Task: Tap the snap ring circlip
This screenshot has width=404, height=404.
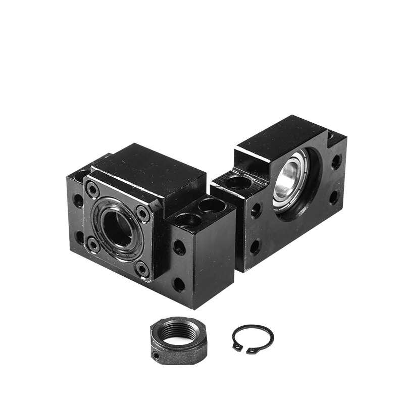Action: coord(252,338)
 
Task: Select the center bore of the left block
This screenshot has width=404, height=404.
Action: coord(117,228)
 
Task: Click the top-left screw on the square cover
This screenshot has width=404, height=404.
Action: coord(92,190)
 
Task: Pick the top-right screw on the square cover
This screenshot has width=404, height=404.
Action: coord(143,214)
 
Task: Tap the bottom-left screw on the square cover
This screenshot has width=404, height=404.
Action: coord(93,245)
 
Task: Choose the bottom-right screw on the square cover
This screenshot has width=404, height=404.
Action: coord(143,269)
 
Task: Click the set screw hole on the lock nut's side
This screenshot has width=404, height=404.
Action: coord(158,356)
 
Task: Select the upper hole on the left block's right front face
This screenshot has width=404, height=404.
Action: coord(179,247)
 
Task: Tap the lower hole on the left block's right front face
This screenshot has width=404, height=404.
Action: coord(179,284)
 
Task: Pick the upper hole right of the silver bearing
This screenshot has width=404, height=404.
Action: coord(336,162)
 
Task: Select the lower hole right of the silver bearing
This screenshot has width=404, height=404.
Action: coord(333,197)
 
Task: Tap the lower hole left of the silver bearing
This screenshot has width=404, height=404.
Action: coord(256,246)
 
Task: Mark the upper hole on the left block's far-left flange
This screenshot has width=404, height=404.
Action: coord(78,200)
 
